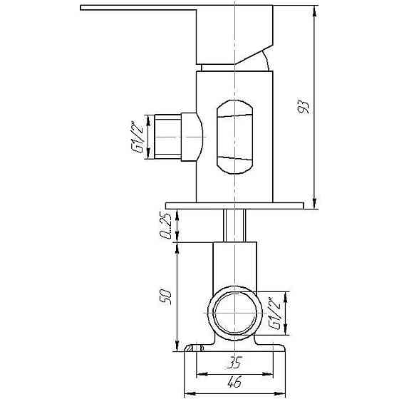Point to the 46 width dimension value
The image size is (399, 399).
(236, 383)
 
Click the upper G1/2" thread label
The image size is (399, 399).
(133, 137)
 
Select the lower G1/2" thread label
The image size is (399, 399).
(276, 313)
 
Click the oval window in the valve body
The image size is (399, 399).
(234, 137)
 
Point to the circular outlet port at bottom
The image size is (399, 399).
(235, 313)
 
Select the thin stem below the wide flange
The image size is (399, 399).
(235, 226)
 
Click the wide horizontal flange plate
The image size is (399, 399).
(235, 205)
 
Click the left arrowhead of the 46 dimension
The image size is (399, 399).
(188, 393)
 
